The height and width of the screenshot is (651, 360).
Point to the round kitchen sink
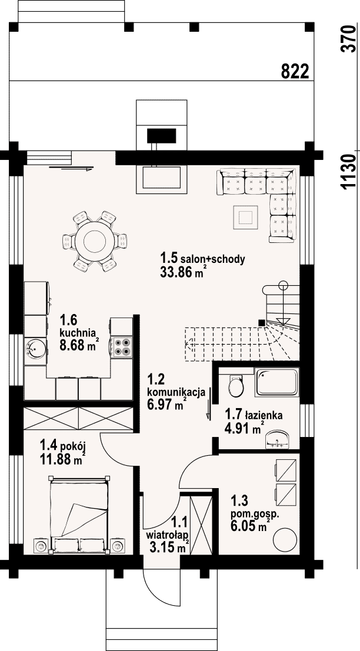click(x=35, y=348)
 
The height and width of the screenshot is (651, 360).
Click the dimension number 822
click(x=295, y=71)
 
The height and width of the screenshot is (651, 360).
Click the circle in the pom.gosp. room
click(x=284, y=539)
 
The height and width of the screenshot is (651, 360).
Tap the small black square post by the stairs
click(x=261, y=322)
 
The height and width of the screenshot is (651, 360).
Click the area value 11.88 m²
click(x=63, y=459)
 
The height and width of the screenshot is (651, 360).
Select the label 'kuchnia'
click(x=78, y=333)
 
